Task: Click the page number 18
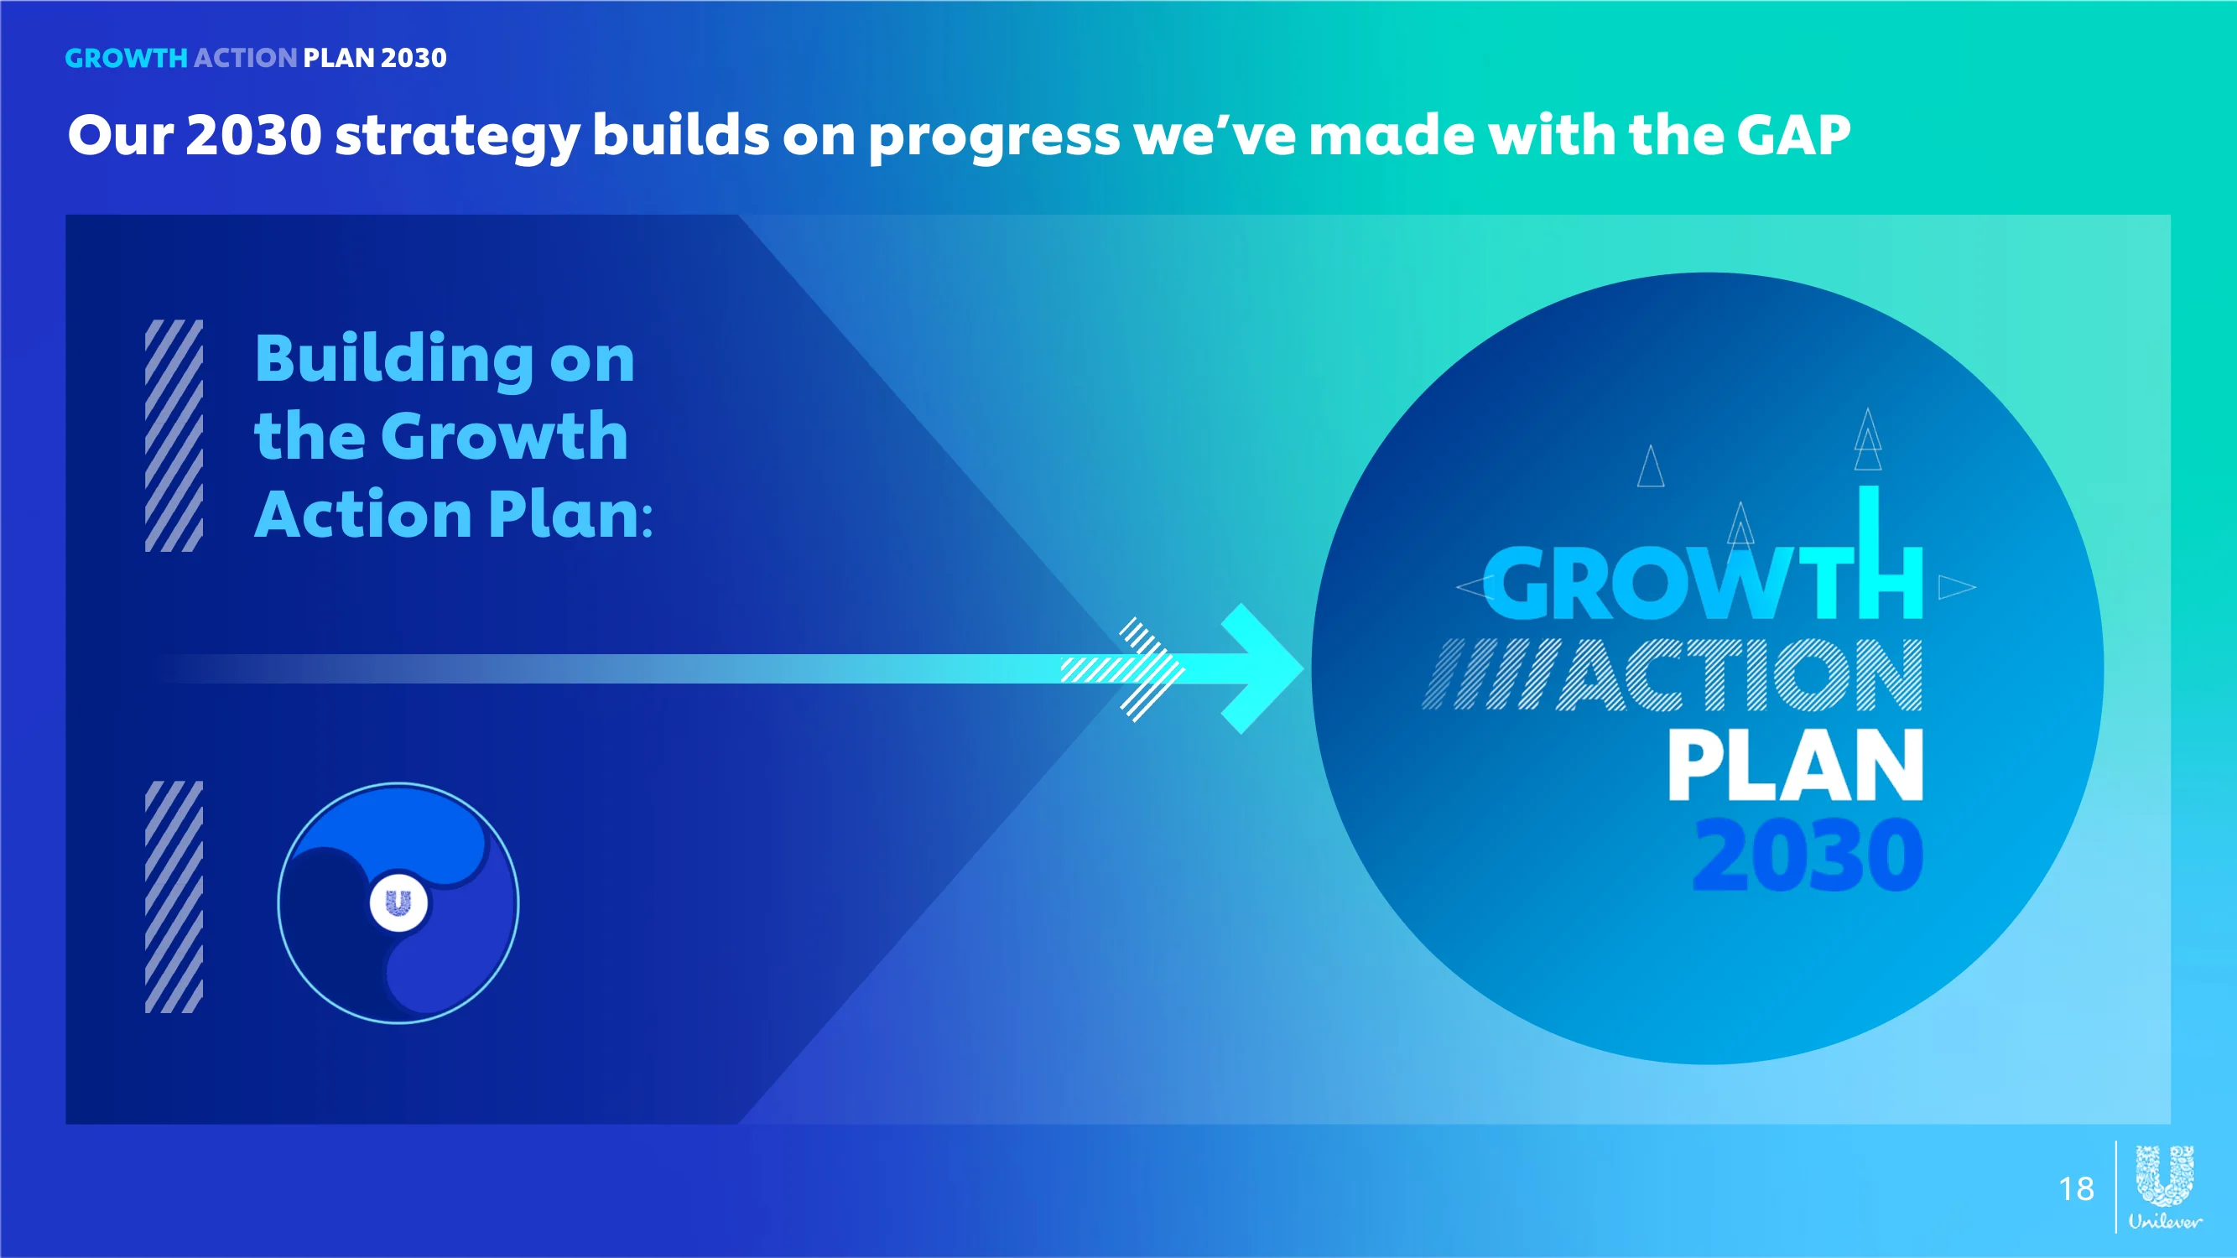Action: coord(2075,1188)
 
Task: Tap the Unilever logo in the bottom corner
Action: coord(2165,1187)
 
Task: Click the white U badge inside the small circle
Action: coord(398,903)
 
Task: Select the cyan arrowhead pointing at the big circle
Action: coord(1261,668)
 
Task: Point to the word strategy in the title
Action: coord(457,139)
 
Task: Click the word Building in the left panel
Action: coord(394,360)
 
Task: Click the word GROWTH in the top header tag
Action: coord(127,57)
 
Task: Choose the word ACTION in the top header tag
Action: coord(245,57)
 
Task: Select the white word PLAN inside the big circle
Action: coord(1795,764)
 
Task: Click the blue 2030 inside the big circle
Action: coord(1808,856)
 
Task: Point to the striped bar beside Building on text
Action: coord(174,436)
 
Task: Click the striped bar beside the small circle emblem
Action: coord(174,897)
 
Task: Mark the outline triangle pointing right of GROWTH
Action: coord(1957,588)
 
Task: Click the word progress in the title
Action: coord(995,139)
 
